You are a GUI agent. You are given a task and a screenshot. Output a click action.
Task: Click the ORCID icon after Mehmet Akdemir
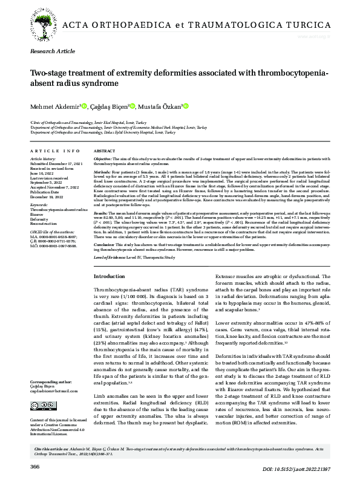pos(85,106)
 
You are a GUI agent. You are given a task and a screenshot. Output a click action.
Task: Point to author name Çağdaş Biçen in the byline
pos(108,107)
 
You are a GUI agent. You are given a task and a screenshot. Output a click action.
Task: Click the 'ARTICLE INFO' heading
pos(54,151)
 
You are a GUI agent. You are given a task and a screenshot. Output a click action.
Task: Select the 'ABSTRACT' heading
pos(105,151)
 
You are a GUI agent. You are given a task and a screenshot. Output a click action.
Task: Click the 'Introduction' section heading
pos(110,276)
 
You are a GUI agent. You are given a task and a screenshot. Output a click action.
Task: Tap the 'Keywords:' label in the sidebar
pos(39,206)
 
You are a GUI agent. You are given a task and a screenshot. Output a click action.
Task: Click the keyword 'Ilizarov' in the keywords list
pos(38,214)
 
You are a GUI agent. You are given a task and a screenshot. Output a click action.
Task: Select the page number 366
pos(35,467)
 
